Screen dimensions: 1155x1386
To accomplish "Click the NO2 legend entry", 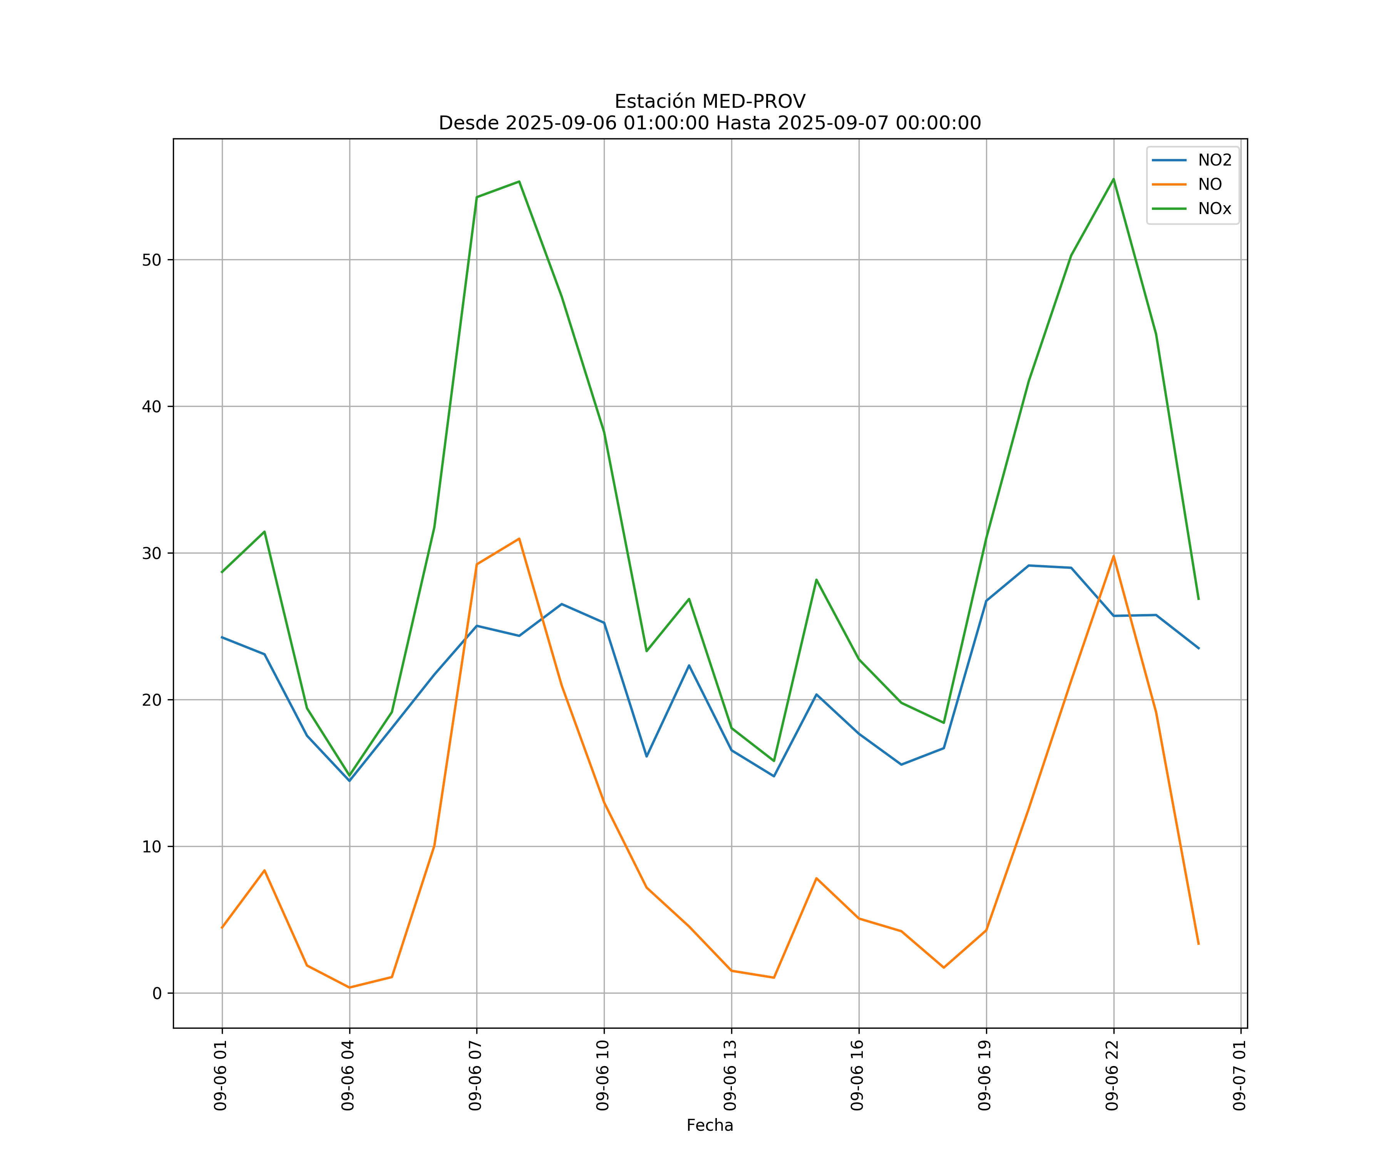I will (x=1214, y=161).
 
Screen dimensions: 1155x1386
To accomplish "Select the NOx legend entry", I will (x=1214, y=209).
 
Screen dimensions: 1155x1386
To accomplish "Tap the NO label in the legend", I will (x=1210, y=185).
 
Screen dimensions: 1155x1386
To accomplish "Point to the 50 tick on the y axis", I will (x=151, y=259).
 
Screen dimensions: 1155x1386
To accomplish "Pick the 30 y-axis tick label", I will (x=151, y=553).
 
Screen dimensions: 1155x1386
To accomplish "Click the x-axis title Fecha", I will (x=710, y=1125).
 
